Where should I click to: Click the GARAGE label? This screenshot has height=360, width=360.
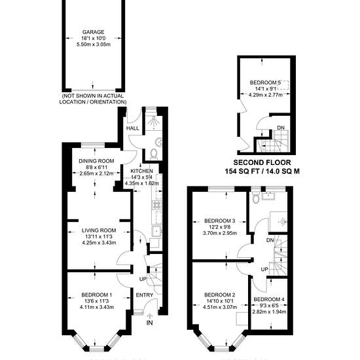coord(93,32)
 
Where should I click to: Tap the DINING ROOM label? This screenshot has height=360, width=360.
coord(96,161)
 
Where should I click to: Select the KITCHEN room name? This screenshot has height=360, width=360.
coord(141,171)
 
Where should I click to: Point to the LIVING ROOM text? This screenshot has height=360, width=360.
coord(99,230)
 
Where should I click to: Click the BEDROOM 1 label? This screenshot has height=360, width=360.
coord(97,295)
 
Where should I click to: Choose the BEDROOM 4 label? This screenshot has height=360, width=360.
coord(269,300)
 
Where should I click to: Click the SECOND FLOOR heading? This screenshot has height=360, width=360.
coord(262,163)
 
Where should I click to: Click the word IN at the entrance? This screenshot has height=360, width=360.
coord(150,323)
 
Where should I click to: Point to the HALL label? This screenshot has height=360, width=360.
coord(133,128)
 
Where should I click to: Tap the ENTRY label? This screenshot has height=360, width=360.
coord(145,295)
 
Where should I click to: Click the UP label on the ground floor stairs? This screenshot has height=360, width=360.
coord(143,279)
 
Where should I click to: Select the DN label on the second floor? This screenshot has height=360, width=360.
coord(281,128)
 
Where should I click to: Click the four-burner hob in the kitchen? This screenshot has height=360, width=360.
coord(157,205)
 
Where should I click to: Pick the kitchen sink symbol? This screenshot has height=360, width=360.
coord(157,232)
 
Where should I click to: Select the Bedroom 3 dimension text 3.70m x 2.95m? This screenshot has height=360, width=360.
coord(220,233)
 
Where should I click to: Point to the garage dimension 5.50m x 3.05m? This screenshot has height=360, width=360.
coord(94,45)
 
